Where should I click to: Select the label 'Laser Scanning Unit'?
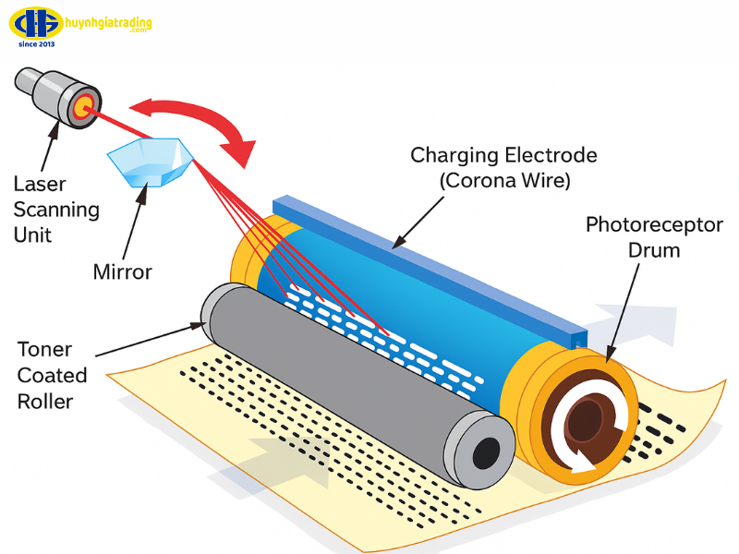pyautogui.click(x=56, y=209)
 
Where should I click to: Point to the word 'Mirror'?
pyautogui.click(x=122, y=271)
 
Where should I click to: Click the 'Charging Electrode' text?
pyautogui.click(x=503, y=155)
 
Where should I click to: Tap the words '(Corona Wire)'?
pyautogui.click(x=503, y=181)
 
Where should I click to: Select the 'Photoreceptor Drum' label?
pyautogui.click(x=654, y=237)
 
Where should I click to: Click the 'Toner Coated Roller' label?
pyautogui.click(x=52, y=376)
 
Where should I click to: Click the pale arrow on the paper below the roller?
pyautogui.click(x=268, y=462)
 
